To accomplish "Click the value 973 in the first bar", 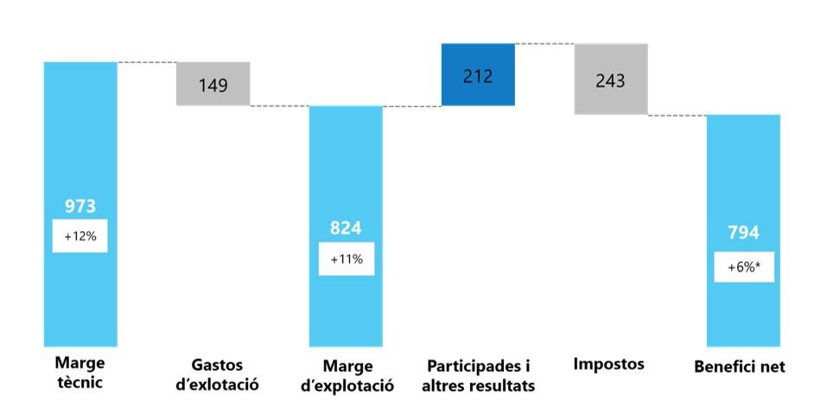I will point(80,206).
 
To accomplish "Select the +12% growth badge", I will point(80,236).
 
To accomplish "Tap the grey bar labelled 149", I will point(213,84).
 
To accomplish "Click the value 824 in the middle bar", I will point(346,228).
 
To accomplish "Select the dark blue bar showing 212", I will point(478,75).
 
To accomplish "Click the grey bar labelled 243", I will point(610,80).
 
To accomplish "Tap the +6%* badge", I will point(743,267).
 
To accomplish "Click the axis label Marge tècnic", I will point(80,371).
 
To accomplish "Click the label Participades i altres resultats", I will point(478,374).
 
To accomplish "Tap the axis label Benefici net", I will point(740,367).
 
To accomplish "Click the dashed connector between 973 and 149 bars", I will point(147,62).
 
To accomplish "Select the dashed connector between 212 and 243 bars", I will point(544,43).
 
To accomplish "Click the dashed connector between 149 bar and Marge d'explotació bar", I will point(280,106).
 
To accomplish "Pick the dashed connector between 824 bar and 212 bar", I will point(411,106).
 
